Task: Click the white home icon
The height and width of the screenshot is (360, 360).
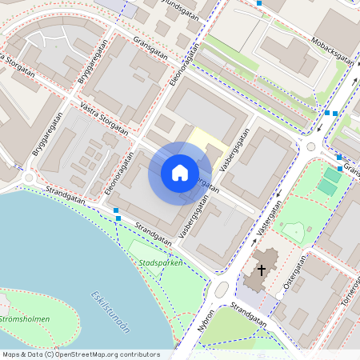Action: click(180, 172)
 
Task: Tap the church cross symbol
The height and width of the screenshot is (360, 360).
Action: click(261, 271)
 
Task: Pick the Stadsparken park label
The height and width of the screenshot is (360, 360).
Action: click(161, 262)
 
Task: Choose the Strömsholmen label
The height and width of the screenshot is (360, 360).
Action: click(24, 319)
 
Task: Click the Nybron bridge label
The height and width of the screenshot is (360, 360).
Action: click(206, 319)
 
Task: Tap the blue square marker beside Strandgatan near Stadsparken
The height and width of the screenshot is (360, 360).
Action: click(118, 217)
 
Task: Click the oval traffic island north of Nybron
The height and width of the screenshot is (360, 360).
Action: click(222, 288)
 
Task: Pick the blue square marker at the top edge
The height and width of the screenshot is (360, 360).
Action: click(259, 3)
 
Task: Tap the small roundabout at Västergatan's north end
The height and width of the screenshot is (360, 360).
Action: click(310, 146)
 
